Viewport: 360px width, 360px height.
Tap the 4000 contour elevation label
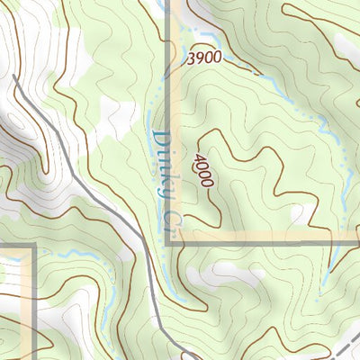click(204, 169)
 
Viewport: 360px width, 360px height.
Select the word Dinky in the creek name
click(163, 165)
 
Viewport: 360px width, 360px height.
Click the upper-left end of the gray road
click(15, 79)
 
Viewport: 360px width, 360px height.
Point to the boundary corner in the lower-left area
click(32, 245)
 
